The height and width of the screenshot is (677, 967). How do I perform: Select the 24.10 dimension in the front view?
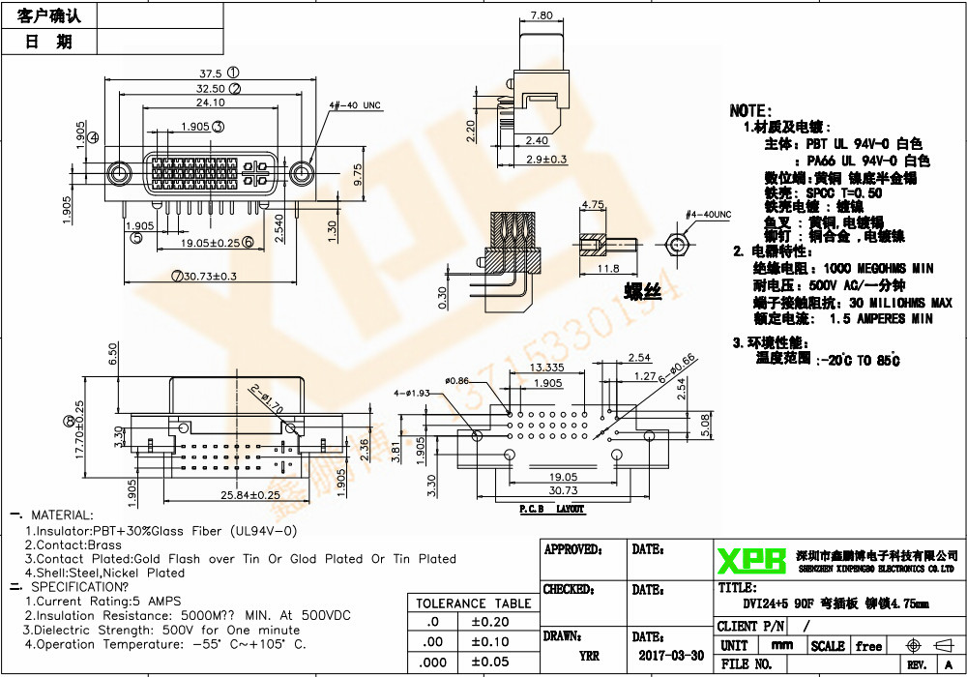tap(211, 103)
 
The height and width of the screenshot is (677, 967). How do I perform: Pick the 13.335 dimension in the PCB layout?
tap(547, 368)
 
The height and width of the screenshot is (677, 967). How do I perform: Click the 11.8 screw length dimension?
tap(609, 269)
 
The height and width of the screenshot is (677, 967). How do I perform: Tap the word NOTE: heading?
tap(750, 111)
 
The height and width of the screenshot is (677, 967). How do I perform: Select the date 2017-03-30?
tap(671, 655)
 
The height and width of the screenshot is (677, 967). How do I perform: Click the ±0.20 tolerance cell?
tap(488, 622)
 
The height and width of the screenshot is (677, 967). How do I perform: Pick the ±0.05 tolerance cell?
tap(488, 662)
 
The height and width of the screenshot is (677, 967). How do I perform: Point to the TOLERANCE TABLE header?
tap(473, 603)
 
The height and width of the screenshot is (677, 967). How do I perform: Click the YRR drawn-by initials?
tap(589, 656)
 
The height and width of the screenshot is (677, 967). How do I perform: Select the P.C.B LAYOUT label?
tap(552, 508)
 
